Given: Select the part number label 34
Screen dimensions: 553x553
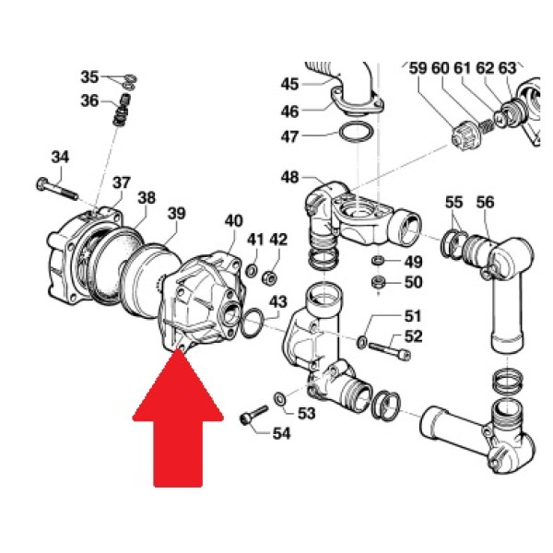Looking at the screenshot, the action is [x=60, y=157].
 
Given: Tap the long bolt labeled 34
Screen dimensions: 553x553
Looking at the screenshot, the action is [x=57, y=189].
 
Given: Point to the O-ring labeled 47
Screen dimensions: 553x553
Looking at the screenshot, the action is [x=355, y=132].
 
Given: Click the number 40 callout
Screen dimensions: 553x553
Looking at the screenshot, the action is [x=234, y=221].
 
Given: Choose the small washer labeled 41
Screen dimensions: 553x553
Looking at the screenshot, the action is [x=251, y=271].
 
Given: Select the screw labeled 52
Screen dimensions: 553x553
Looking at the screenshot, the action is [x=389, y=351].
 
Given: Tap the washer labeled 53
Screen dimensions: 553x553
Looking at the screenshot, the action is [x=280, y=398].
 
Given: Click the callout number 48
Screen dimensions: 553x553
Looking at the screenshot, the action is [x=289, y=177].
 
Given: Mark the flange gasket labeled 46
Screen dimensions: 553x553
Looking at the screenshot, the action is [x=357, y=102].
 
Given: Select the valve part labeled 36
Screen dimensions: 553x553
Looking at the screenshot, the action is [x=122, y=110].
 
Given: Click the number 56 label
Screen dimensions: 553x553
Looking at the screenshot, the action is [x=486, y=203].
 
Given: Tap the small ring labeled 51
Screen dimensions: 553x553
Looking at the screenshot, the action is [x=362, y=342].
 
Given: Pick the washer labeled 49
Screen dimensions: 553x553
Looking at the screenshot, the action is [x=378, y=261].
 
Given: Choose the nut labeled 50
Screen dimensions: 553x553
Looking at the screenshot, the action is [x=378, y=282].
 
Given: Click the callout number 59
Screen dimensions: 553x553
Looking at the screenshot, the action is [x=418, y=68].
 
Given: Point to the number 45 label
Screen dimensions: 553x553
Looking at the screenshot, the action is [x=289, y=84].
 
